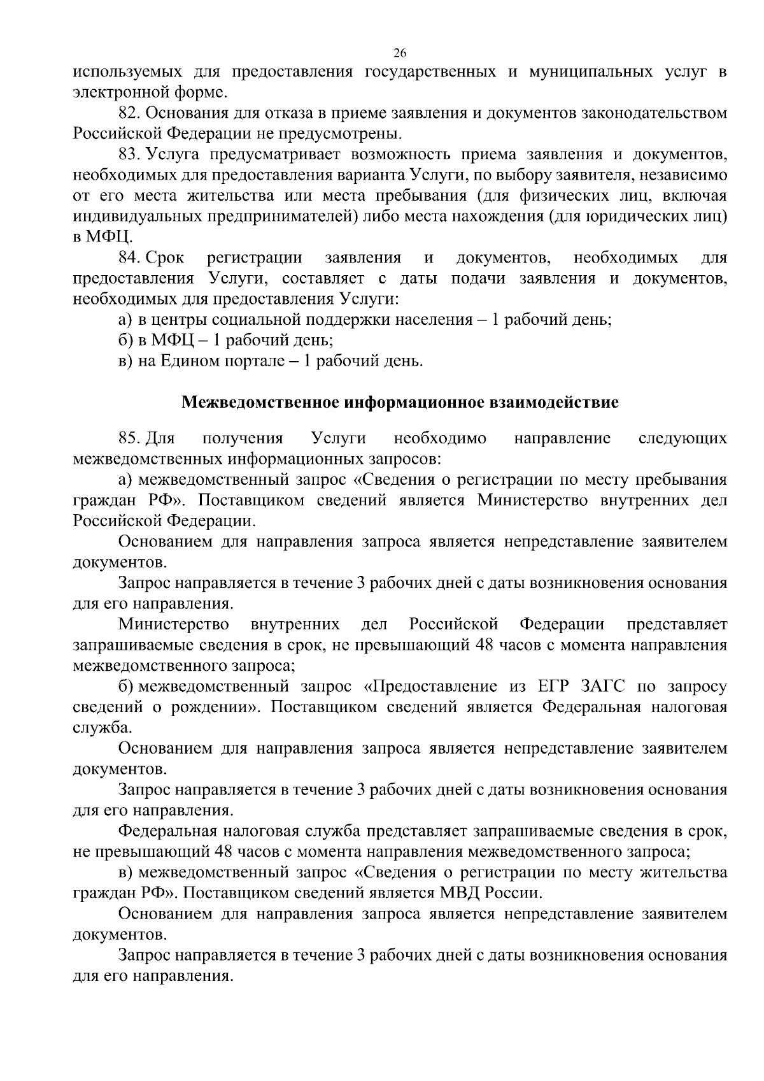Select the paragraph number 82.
(131, 113)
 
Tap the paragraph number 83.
(131, 155)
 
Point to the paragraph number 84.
(131, 258)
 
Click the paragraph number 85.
(131, 438)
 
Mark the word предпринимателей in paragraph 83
(281, 217)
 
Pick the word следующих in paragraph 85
(682, 438)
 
